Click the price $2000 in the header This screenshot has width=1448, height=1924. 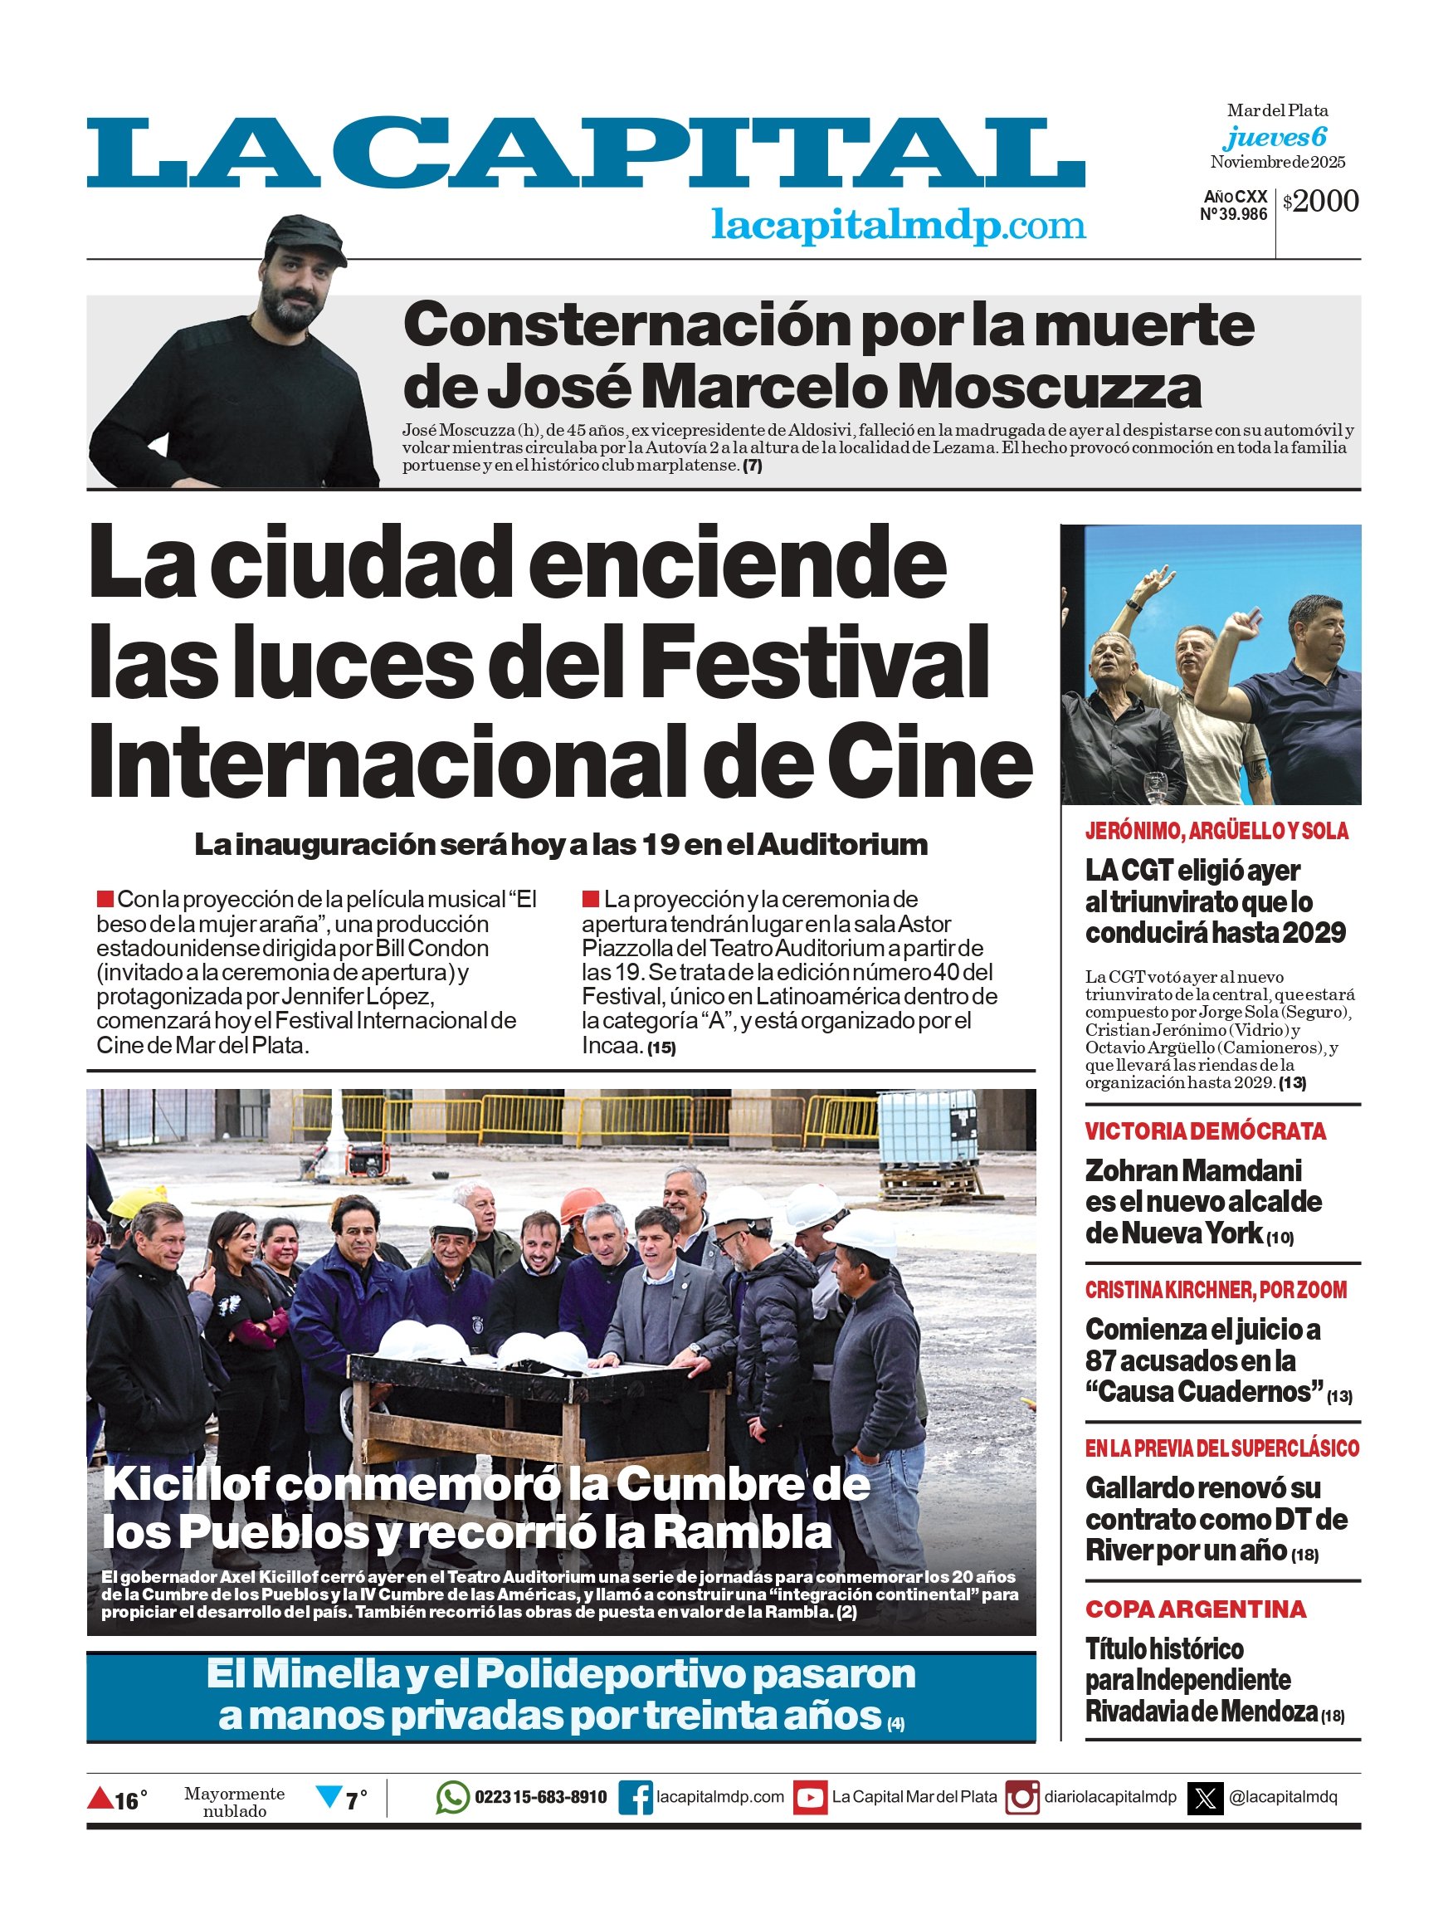tap(1320, 202)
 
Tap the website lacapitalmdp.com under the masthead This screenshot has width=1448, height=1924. tap(898, 225)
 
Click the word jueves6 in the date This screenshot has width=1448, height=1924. tap(1275, 137)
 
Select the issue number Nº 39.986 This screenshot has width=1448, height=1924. tap(1233, 214)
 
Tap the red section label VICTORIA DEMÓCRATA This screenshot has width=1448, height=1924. tap(1206, 1131)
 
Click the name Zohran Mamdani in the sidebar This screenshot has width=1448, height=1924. tap(1193, 1171)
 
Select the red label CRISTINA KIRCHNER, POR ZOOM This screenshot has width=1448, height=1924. tap(1216, 1290)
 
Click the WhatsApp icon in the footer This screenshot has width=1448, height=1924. tap(452, 1797)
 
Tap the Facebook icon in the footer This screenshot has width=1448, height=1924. tap(636, 1798)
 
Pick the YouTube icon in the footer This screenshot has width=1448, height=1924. tap(811, 1798)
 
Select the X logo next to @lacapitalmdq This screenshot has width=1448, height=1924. tap(1206, 1798)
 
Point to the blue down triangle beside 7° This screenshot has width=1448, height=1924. tap(329, 1796)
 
